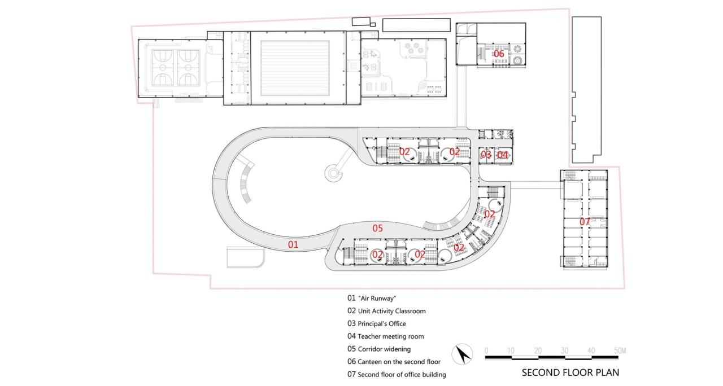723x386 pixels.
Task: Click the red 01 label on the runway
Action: [293, 244]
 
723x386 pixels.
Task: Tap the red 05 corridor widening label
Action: [377, 228]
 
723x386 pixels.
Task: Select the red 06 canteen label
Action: [499, 54]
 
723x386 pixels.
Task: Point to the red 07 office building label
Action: [585, 222]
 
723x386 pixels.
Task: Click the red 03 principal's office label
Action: [486, 155]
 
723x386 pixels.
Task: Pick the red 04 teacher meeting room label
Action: [502, 155]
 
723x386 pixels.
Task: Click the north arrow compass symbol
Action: [464, 354]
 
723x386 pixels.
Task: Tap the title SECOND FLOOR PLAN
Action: [570, 372]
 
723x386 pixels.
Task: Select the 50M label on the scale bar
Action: [619, 351]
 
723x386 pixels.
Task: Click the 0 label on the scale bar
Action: [486, 351]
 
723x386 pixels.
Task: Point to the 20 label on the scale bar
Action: [538, 351]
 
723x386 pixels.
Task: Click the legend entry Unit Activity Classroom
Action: [386, 311]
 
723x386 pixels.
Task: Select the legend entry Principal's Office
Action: [376, 324]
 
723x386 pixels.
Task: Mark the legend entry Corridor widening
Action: [379, 349]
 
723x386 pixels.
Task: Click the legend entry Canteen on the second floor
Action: [394, 362]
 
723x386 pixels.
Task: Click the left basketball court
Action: [163, 67]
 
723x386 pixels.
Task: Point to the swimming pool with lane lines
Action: [295, 67]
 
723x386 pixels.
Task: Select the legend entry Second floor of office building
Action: [397, 375]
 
